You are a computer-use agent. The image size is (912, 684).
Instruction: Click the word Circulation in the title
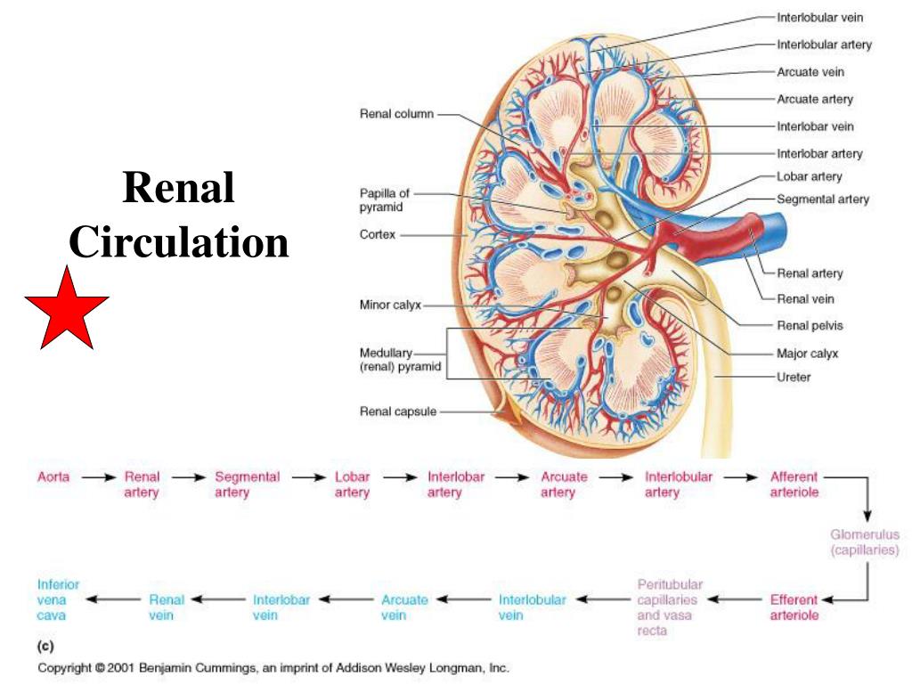[179, 241]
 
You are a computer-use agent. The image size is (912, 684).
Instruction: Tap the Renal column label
[395, 114]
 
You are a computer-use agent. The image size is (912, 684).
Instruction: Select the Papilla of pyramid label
[384, 199]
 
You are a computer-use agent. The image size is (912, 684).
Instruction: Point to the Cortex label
[377, 235]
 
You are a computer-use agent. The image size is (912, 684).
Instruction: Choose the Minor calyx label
[388, 305]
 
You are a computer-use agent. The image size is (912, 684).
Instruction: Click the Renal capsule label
[397, 411]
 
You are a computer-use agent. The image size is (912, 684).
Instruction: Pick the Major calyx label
[808, 353]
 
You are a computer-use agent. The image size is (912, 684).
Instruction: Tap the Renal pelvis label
[810, 325]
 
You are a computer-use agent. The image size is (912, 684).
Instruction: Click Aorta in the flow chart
[54, 477]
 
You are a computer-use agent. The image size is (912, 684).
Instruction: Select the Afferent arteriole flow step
[794, 484]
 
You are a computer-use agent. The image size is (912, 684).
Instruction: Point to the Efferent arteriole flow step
[794, 607]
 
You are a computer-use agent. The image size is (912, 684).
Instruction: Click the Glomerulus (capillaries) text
[865, 542]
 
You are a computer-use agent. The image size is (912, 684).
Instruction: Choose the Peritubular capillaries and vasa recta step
[670, 607]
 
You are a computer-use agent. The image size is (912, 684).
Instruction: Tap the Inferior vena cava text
[58, 599]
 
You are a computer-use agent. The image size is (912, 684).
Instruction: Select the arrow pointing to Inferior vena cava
[112, 599]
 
